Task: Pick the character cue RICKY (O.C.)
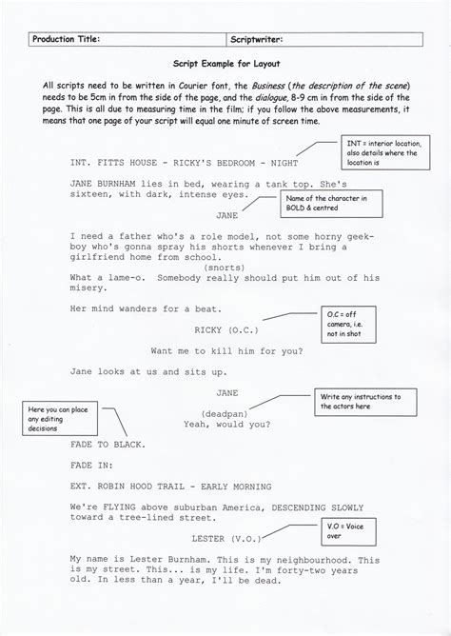225,329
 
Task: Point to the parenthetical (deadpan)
225,412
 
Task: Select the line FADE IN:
94,468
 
